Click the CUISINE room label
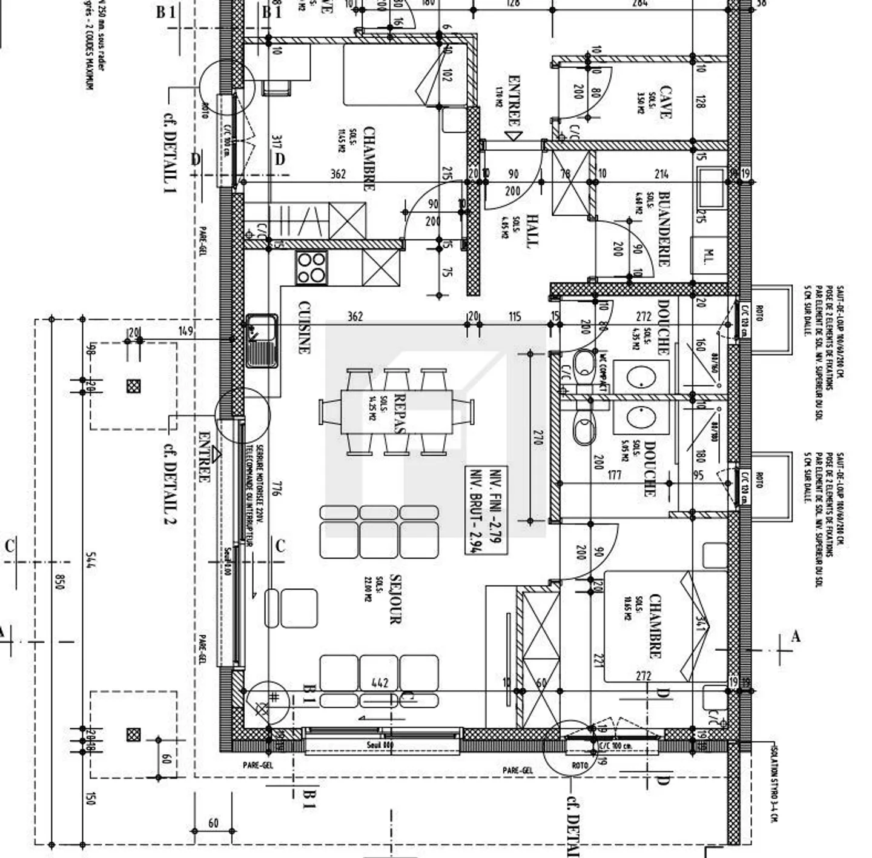point(304,327)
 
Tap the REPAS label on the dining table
point(399,413)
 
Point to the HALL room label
point(531,230)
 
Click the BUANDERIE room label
point(664,229)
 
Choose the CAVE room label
point(665,102)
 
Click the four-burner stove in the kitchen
point(311,268)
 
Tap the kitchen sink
point(262,341)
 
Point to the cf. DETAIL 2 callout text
point(170,484)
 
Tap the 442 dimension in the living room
point(380,683)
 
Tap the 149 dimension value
point(186,331)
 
